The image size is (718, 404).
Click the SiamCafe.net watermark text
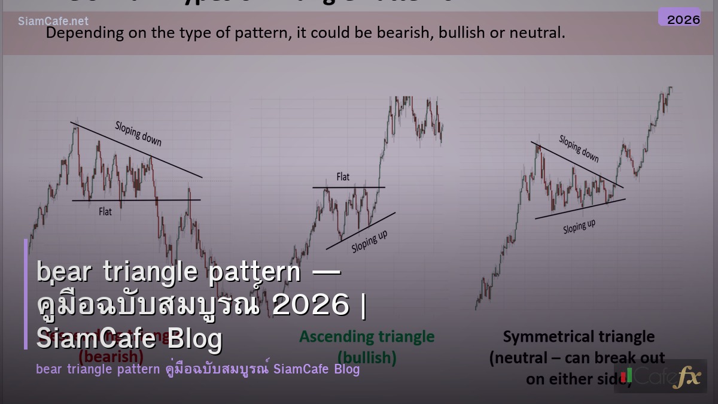(x=53, y=22)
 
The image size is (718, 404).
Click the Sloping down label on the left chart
(x=138, y=133)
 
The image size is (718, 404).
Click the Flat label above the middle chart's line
(x=343, y=177)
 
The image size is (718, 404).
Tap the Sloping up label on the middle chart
(x=369, y=241)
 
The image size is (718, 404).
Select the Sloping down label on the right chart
(x=579, y=148)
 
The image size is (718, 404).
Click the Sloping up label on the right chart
(x=579, y=226)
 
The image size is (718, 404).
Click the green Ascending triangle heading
(x=367, y=336)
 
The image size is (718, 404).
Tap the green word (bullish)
(x=367, y=357)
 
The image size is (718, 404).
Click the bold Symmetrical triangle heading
(x=578, y=337)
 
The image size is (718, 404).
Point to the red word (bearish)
(x=111, y=357)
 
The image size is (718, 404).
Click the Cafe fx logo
(x=661, y=376)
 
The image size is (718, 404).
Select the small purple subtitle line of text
(x=197, y=369)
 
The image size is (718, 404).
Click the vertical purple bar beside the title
(x=26, y=294)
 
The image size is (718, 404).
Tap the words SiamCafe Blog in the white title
(x=129, y=338)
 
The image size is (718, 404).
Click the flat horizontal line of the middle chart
(x=348, y=187)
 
